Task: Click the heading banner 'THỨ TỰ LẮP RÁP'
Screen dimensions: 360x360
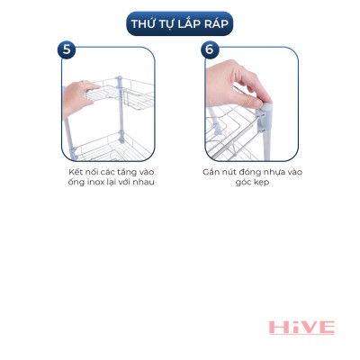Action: point(180,22)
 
